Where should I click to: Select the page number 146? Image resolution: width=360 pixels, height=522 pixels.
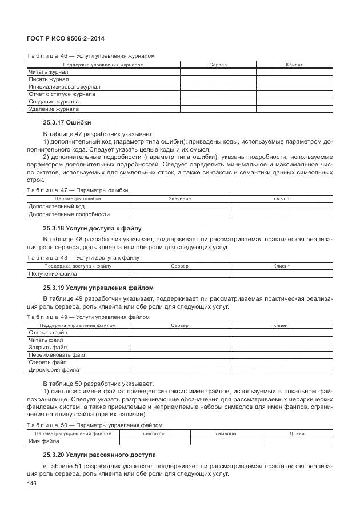tap(32, 484)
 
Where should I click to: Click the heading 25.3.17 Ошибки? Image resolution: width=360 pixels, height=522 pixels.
tap(67, 122)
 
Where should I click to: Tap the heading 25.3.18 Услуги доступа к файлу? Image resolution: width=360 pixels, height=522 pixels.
tap(92, 228)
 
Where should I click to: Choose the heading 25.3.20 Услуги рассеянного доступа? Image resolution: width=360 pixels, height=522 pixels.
tap(99, 455)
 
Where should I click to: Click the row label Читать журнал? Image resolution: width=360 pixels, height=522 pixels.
tap(48, 72)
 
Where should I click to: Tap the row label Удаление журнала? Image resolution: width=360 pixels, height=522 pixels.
tap(54, 109)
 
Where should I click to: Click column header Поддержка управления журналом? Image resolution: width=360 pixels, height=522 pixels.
tap(103, 65)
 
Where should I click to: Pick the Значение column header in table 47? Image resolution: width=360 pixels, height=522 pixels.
tap(179, 198)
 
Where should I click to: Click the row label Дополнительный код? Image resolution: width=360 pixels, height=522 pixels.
tap(57, 206)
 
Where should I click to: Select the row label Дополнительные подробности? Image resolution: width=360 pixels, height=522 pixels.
tap(69, 214)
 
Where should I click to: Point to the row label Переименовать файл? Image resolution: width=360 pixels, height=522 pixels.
tap(58, 354)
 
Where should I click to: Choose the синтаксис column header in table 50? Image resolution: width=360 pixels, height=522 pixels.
tap(154, 434)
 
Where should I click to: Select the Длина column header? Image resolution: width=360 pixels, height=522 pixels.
tap(297, 434)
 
